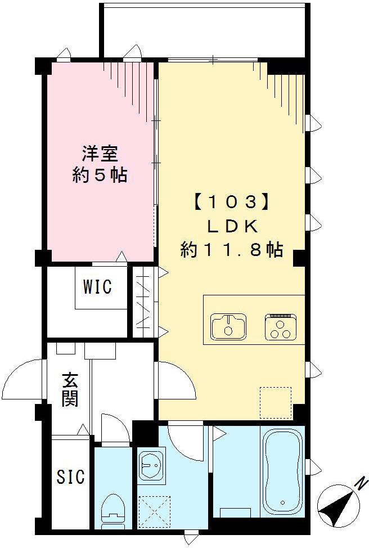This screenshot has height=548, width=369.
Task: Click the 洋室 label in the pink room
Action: click(100, 153)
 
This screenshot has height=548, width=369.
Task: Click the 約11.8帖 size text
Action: click(231, 249)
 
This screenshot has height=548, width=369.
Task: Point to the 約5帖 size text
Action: click(100, 176)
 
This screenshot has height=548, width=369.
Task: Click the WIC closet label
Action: click(98, 287)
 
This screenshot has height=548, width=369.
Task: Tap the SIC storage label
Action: click(71, 477)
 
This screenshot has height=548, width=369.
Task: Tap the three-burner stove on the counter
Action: click(280, 326)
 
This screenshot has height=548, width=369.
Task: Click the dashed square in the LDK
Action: click(276, 403)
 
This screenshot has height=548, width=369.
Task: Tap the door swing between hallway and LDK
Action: click(175, 379)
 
